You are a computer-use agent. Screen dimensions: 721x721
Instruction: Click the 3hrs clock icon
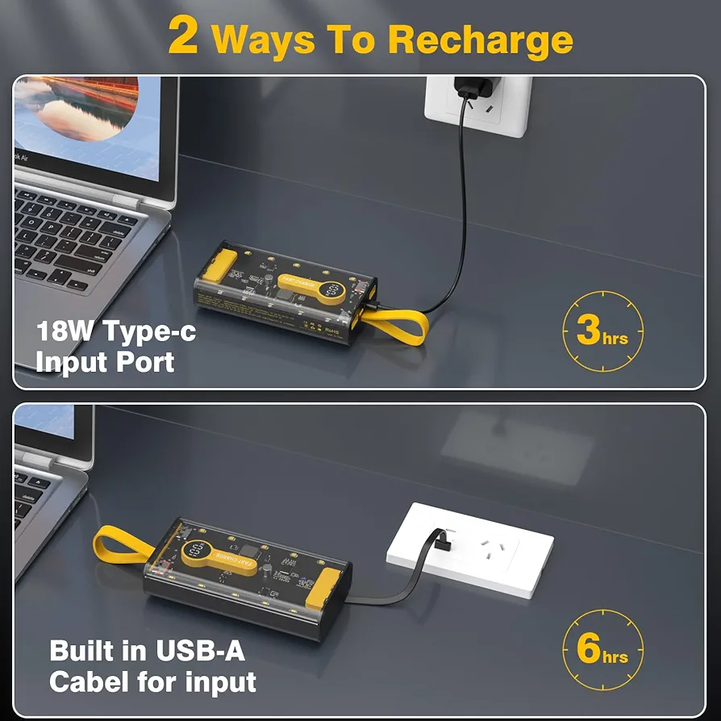click(602, 331)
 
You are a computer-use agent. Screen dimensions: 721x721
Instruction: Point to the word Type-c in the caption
click(149, 331)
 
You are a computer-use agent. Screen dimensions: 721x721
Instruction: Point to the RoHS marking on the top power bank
click(331, 330)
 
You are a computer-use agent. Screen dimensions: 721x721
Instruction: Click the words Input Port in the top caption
click(105, 362)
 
